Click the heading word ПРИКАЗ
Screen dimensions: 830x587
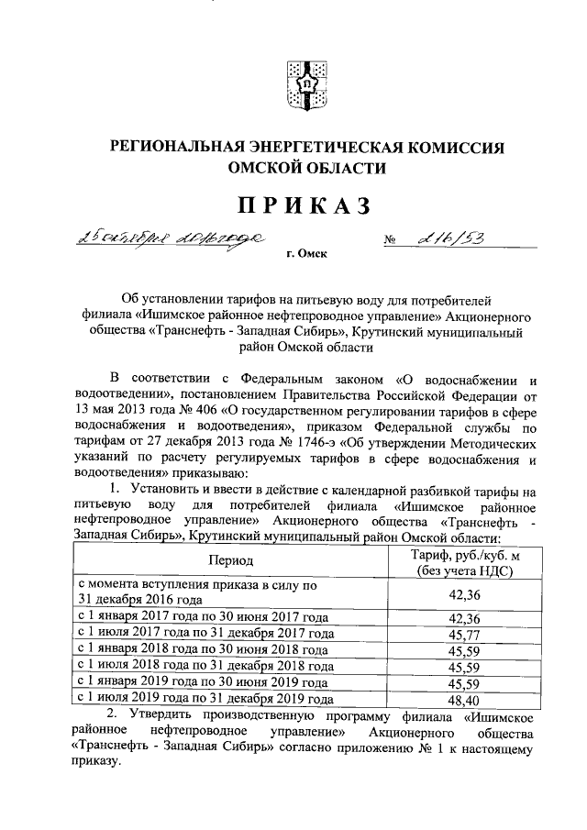pos(293,205)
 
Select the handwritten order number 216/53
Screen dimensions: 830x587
pos(449,238)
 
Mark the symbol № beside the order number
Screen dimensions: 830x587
pos(391,241)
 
